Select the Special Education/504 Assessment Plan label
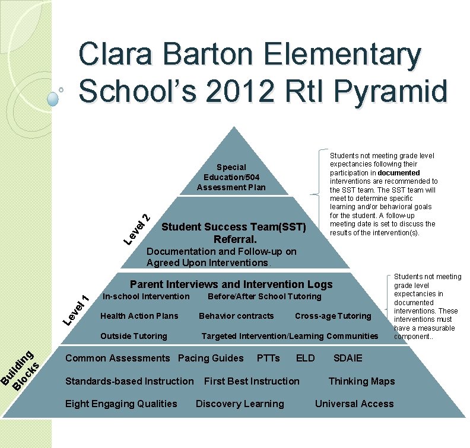pyautogui.click(x=231, y=177)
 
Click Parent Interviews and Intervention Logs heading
pyautogui.click(x=231, y=284)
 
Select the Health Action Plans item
pyautogui.click(x=139, y=316)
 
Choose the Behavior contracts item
pyautogui.click(x=236, y=316)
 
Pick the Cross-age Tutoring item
pyautogui.click(x=333, y=316)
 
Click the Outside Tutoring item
pyautogui.click(x=134, y=336)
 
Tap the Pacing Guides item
pyautogui.click(x=211, y=358)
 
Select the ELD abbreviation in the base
pyautogui.click(x=305, y=358)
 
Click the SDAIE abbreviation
pyautogui.click(x=348, y=358)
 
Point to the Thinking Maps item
pyautogui.click(x=361, y=381)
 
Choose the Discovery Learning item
pyautogui.click(x=240, y=404)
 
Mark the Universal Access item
pyautogui.click(x=354, y=404)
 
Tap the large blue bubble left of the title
pyautogui.click(x=53, y=98)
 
